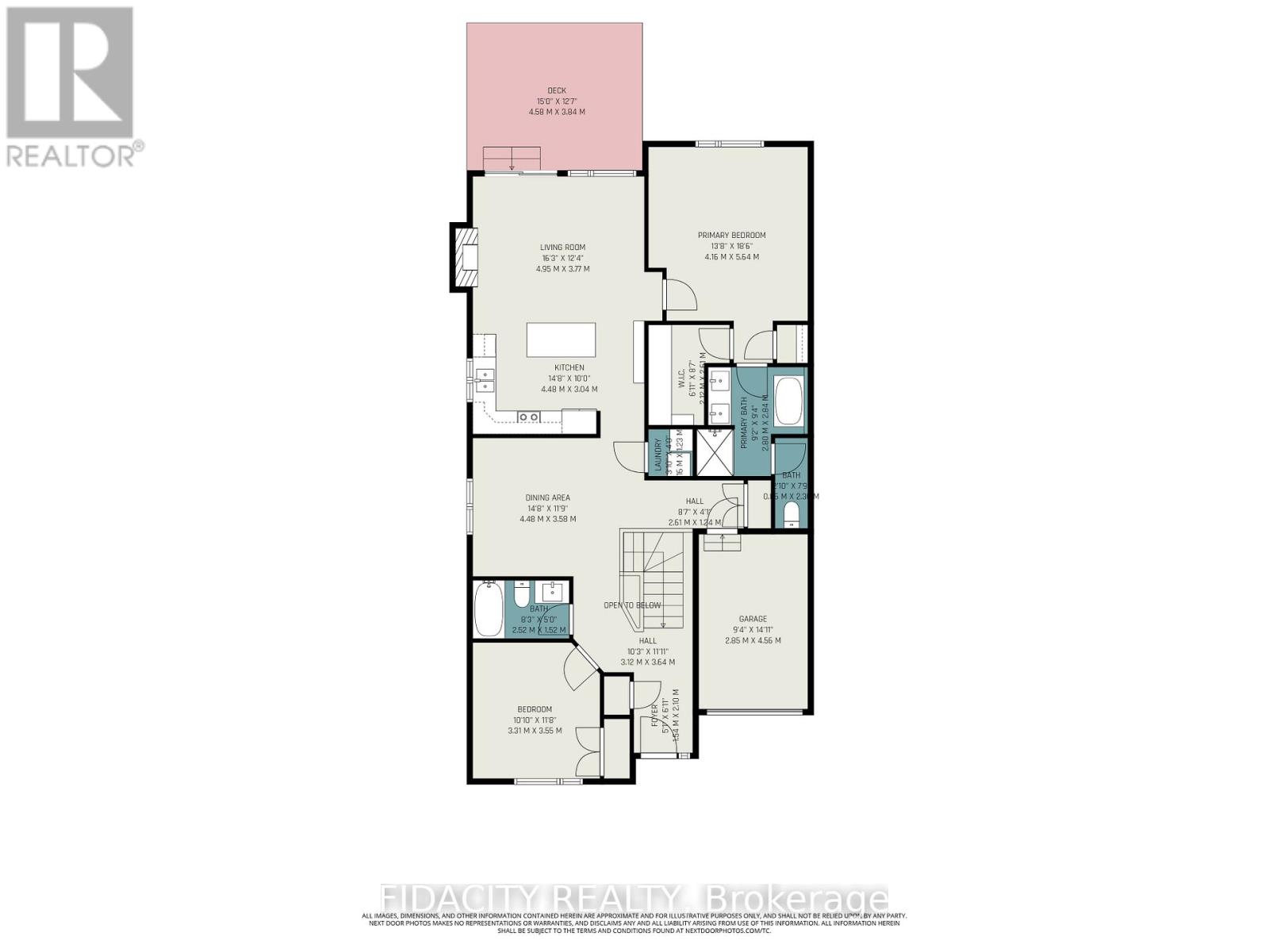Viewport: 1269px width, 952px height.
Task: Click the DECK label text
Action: pos(557,90)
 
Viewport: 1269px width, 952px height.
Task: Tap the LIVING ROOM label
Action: pos(562,248)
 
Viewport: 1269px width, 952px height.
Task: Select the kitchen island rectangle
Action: pos(562,340)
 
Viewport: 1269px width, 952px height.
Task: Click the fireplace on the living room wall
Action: pos(466,258)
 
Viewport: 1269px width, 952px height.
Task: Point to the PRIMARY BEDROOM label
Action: pos(731,235)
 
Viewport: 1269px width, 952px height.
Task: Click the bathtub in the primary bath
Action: pos(788,401)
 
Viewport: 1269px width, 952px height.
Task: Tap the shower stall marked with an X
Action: pos(715,453)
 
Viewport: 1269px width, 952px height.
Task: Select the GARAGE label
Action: pos(753,619)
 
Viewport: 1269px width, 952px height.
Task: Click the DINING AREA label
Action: pos(547,498)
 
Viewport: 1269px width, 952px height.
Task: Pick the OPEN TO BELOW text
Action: pos(632,605)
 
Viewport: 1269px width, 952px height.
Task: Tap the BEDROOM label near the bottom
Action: pos(535,709)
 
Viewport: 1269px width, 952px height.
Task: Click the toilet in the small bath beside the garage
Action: pos(792,515)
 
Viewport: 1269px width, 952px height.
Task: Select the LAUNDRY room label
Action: pos(658,455)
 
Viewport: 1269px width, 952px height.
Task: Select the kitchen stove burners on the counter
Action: pos(529,416)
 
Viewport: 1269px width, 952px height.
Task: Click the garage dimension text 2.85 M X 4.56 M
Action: pos(753,640)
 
